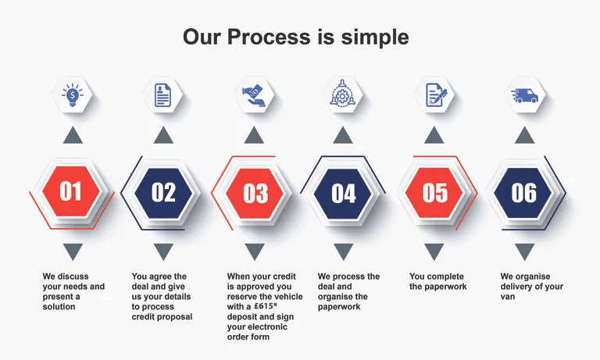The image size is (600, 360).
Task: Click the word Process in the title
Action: (x=269, y=37)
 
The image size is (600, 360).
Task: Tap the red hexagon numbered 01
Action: (x=71, y=191)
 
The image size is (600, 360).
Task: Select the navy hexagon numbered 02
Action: (x=163, y=192)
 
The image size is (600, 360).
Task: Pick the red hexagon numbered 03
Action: (x=255, y=193)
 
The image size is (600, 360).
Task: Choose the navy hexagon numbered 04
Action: (x=343, y=194)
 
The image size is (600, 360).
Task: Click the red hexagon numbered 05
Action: (x=434, y=193)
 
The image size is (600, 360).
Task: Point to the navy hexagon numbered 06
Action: (x=523, y=192)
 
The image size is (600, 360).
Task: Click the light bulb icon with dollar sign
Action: (x=73, y=94)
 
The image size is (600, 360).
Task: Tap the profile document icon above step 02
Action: (x=162, y=94)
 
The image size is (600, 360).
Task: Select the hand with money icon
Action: (x=254, y=95)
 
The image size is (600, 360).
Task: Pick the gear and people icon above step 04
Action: (x=342, y=93)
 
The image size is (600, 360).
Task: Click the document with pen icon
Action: (x=436, y=94)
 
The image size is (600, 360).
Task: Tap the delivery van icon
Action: (x=524, y=95)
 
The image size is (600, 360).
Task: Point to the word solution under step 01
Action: (x=59, y=306)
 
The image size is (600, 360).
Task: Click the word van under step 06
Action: (x=508, y=297)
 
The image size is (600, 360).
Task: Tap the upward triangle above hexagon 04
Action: (x=343, y=137)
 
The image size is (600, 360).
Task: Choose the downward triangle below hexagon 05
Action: (x=434, y=251)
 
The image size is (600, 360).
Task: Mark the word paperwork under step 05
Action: (x=449, y=287)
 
